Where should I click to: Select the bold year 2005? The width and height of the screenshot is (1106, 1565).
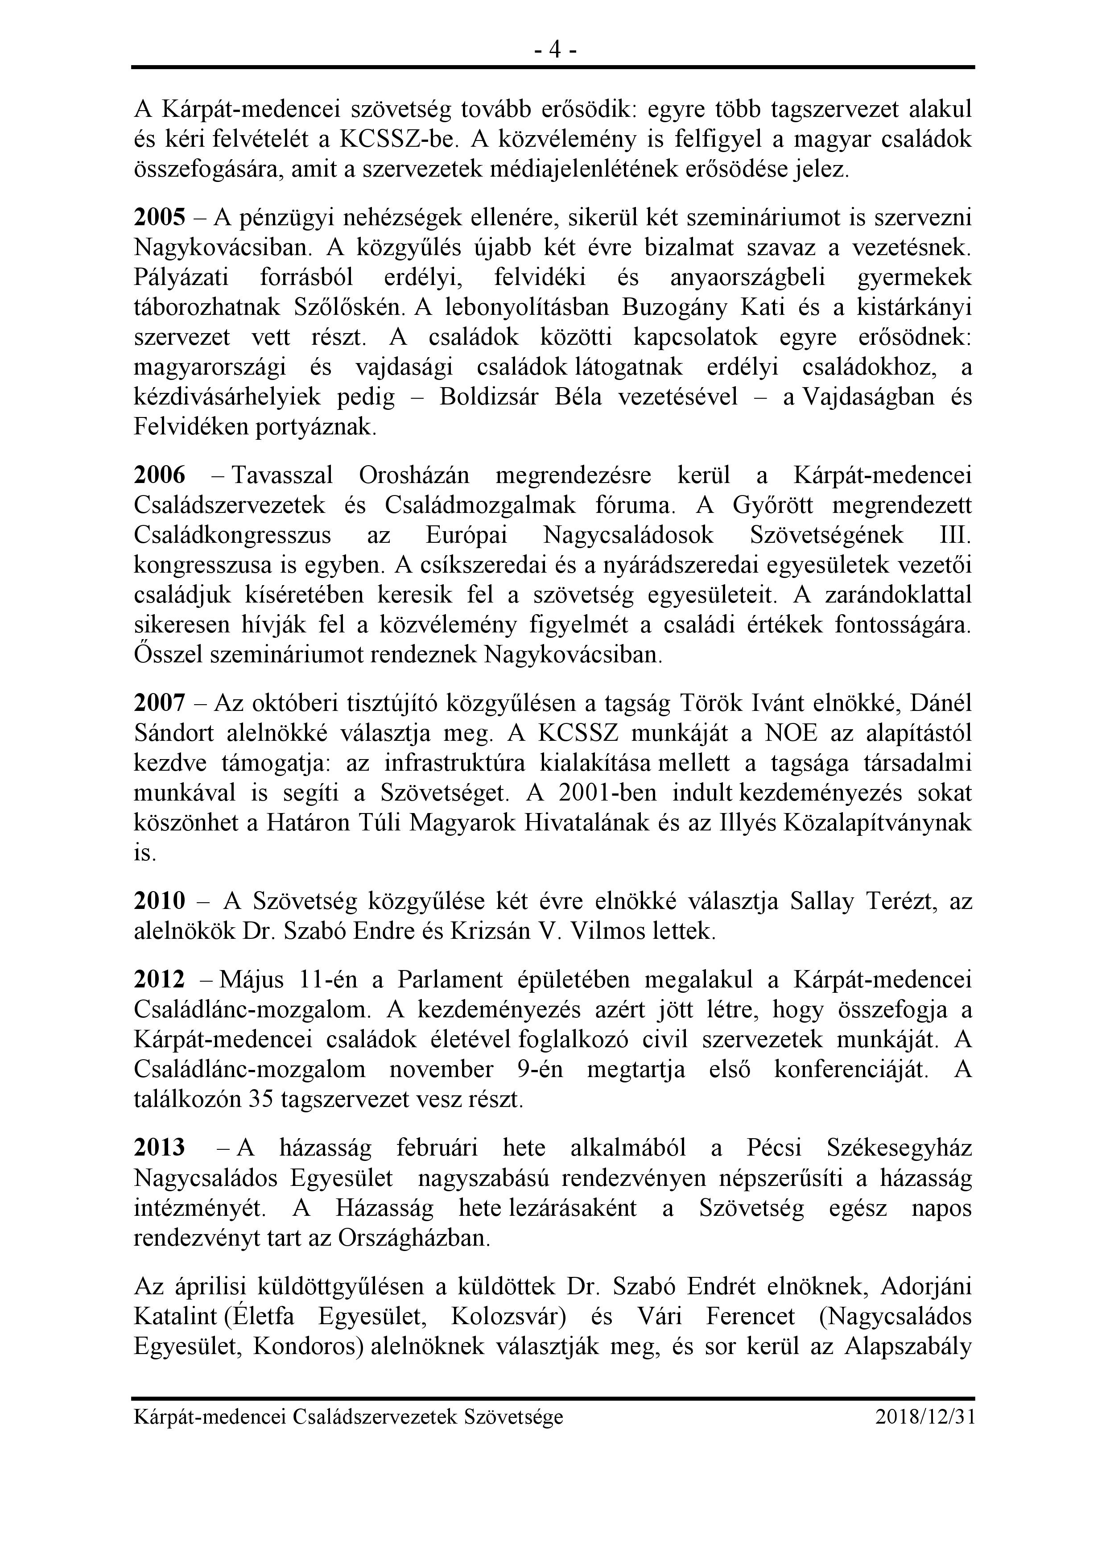click(x=160, y=218)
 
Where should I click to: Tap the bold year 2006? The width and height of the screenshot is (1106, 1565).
click(x=160, y=475)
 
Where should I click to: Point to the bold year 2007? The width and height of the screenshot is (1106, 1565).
click(x=160, y=703)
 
